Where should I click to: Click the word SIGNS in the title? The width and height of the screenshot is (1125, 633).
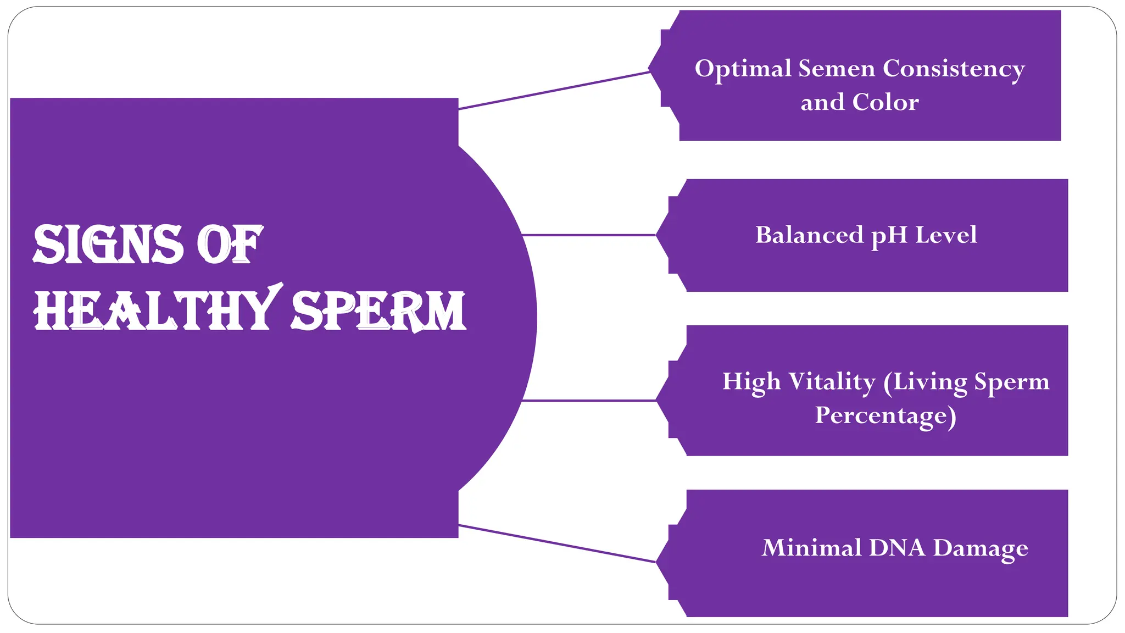click(x=108, y=245)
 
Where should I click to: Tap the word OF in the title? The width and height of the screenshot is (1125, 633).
click(x=230, y=245)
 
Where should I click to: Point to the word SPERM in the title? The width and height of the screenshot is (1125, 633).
click(x=378, y=312)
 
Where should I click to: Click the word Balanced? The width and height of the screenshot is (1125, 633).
click(x=809, y=235)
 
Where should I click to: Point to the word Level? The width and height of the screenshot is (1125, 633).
click(x=946, y=235)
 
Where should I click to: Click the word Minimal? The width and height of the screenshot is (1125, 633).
click(x=812, y=548)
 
